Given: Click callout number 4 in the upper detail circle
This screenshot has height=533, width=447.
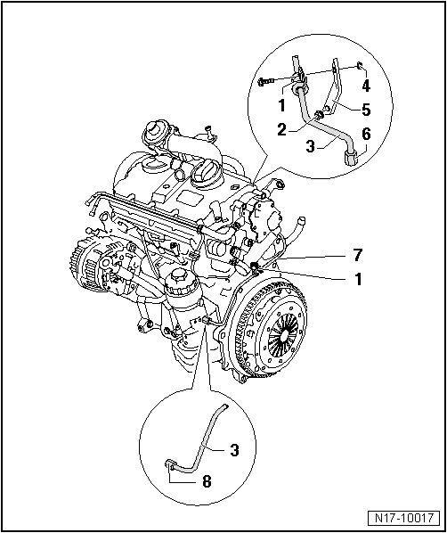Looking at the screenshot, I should point(364,86).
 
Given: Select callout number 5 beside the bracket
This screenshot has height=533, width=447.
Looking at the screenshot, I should point(364,111).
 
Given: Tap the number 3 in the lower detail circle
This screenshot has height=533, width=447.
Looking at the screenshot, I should point(233,451).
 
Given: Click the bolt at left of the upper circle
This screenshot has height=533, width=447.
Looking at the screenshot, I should point(264,82).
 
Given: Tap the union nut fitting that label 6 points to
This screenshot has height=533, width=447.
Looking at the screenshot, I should point(352,157).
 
